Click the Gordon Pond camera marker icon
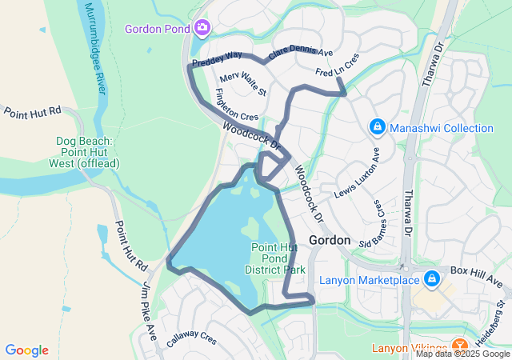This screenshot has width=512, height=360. tap(202, 28)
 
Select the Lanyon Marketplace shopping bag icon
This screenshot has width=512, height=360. tap(432, 279)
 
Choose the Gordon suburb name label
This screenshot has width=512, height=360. tap(329, 240)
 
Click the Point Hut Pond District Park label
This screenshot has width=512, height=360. tap(278, 258)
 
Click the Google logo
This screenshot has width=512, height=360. tap(26, 350)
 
